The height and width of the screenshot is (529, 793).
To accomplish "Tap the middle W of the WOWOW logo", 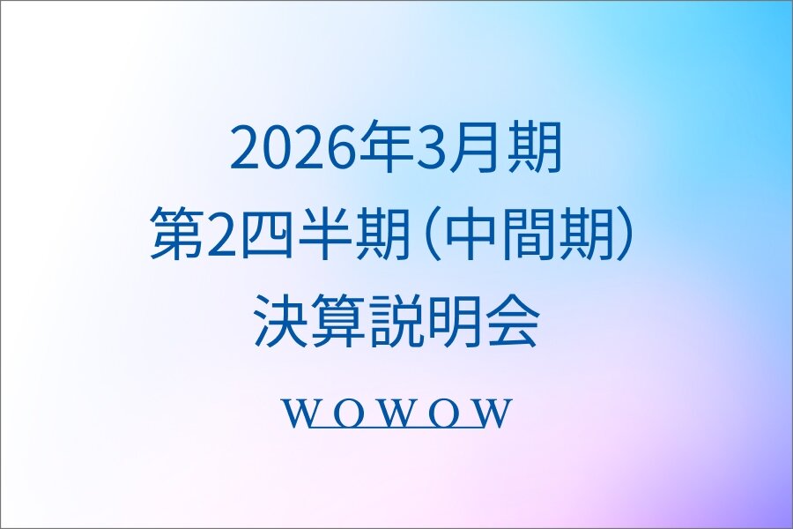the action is point(397,413).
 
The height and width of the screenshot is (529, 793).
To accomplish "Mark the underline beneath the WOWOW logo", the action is point(396,428).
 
